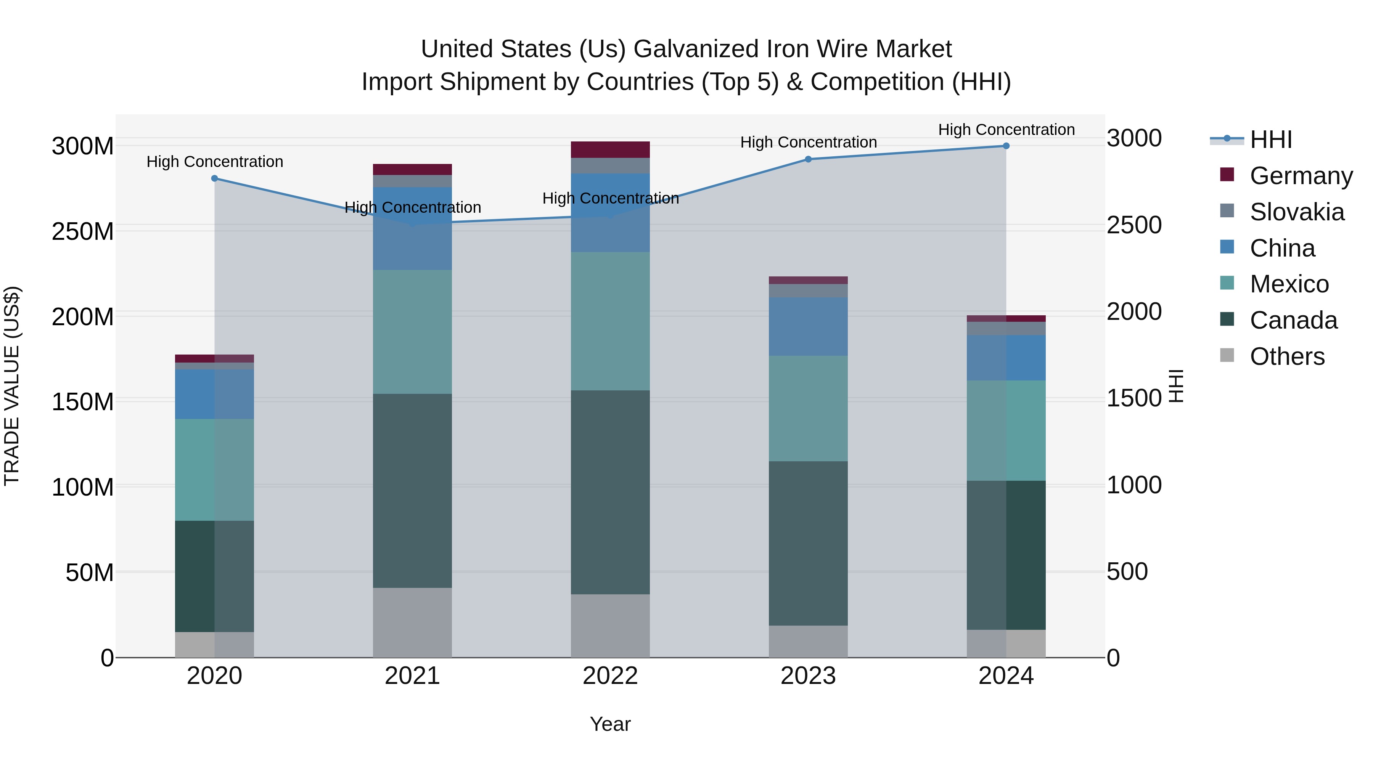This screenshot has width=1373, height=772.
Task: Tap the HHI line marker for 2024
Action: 1006,146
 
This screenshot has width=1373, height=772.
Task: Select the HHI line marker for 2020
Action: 214,178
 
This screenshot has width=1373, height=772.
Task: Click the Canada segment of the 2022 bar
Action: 610,492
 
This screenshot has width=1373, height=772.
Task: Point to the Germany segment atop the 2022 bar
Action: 610,150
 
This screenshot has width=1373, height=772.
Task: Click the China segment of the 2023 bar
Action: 808,327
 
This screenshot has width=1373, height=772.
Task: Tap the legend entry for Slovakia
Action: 1296,212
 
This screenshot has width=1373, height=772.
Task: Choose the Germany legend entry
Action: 1301,176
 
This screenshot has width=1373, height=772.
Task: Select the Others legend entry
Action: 1287,356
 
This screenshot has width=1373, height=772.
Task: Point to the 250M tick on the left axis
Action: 83,232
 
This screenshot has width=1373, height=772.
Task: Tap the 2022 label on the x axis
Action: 610,676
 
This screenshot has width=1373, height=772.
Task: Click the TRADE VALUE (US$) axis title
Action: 12,386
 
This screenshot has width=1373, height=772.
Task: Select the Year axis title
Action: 610,724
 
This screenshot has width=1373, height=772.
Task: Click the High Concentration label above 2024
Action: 1006,130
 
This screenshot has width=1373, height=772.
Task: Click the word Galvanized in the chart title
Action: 696,50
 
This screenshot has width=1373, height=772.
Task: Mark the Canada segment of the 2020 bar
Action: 214,576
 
